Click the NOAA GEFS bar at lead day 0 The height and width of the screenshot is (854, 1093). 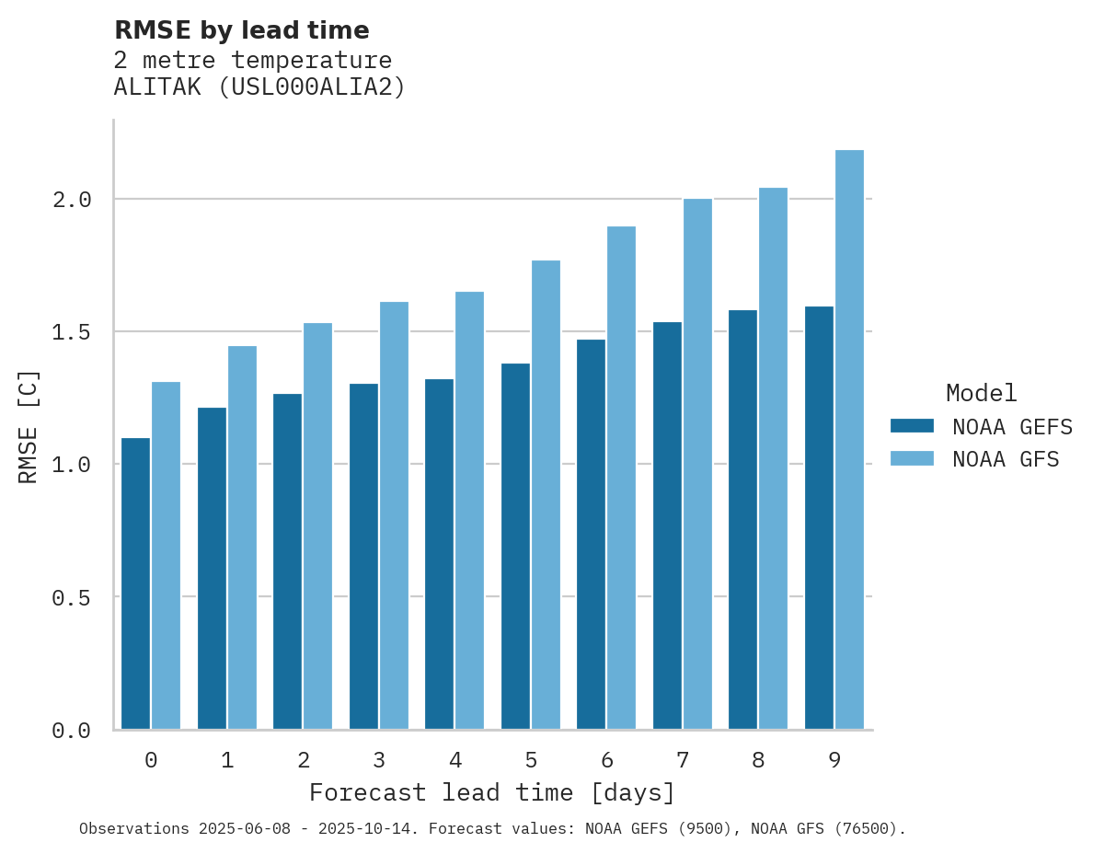pos(135,583)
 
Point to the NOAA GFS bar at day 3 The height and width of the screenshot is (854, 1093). pos(394,515)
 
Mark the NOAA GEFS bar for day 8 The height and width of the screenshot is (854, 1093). pos(742,519)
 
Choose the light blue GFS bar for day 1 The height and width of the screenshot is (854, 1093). pos(242,537)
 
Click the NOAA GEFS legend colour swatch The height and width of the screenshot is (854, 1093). pos(912,426)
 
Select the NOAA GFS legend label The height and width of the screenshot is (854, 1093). pos(1006,459)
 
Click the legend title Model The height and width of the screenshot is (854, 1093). pos(981,393)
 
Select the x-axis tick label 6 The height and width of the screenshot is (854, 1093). pos(607,760)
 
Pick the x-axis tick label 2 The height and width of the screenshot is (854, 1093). pos(303,760)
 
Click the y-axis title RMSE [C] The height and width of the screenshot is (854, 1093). pos(29,426)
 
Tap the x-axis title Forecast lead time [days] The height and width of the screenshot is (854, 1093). pos(492,792)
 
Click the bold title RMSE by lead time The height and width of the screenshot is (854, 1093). pos(241,30)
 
